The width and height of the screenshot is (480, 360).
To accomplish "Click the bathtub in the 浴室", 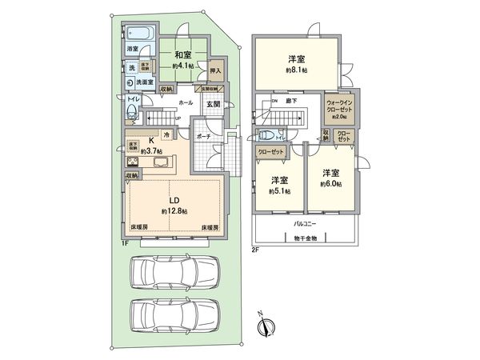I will tap(138, 34).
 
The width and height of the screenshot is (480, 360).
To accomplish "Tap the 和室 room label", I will tap(182, 55).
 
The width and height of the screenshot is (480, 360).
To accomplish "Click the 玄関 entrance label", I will tap(214, 103).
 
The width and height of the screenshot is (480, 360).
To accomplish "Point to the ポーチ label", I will tap(204, 136).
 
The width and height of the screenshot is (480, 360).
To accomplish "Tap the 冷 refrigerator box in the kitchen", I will tap(166, 134).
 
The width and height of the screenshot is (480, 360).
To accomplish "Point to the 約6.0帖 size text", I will tap(330, 184).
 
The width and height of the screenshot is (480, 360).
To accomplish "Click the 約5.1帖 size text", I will tap(280, 191).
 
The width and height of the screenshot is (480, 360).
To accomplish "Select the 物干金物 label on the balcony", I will tap(304, 238).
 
